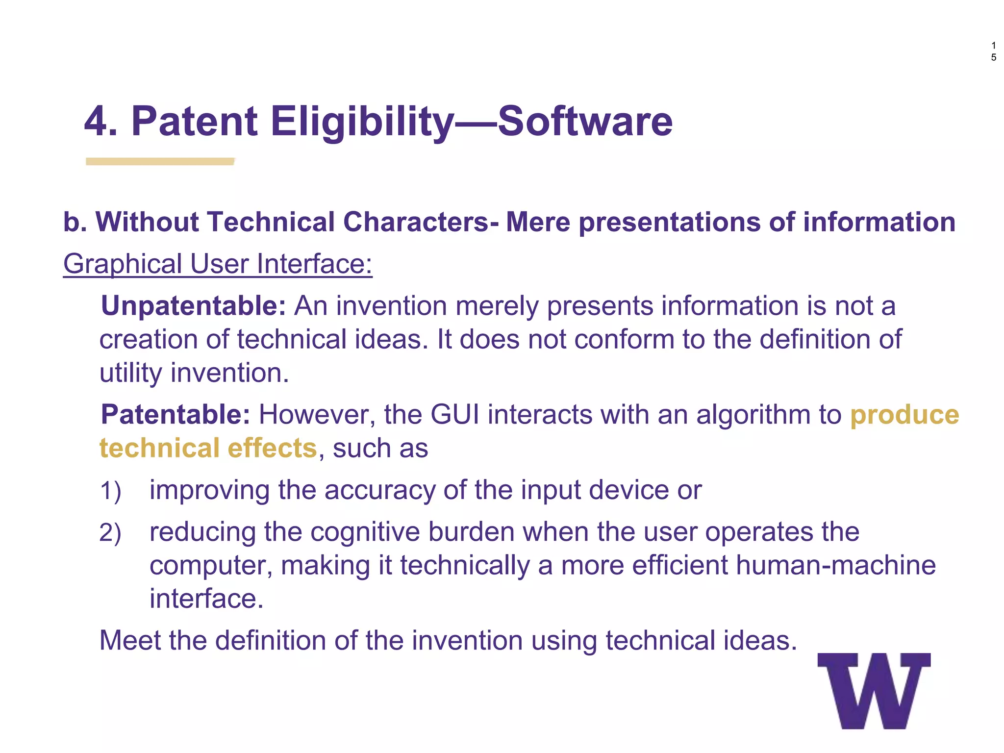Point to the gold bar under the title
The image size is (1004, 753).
pyautogui.click(x=160, y=161)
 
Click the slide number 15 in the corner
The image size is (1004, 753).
pyautogui.click(x=993, y=51)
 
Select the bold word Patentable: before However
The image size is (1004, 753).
pyautogui.click(x=176, y=415)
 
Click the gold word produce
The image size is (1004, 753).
pyautogui.click(x=904, y=415)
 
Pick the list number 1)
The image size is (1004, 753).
pyautogui.click(x=110, y=491)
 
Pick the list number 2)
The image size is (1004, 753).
pyautogui.click(x=110, y=532)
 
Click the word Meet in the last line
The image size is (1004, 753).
pyautogui.click(x=129, y=640)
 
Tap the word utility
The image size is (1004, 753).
pyautogui.click(x=130, y=373)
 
